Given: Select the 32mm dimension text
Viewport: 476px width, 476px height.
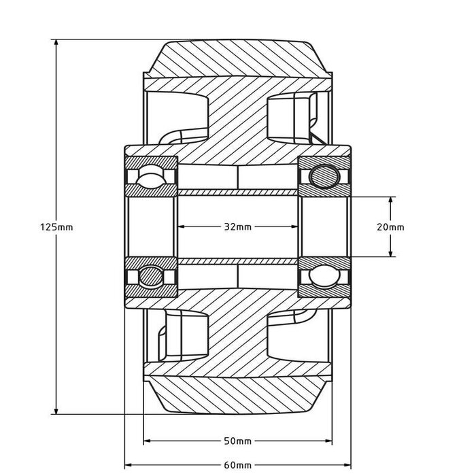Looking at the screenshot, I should tap(237, 227).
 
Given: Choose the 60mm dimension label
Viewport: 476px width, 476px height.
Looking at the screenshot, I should tap(237, 465).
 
